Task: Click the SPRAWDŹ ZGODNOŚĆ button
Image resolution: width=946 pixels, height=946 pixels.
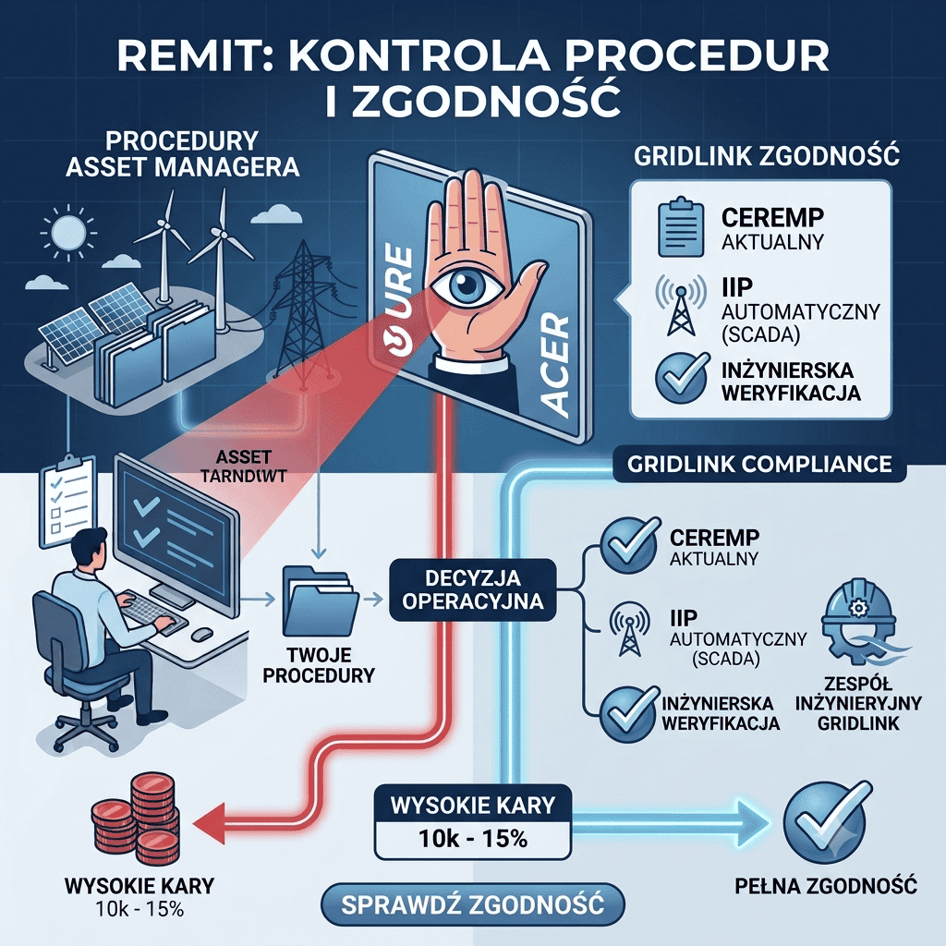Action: tap(472, 904)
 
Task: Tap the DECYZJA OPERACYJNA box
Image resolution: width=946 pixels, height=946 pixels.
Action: tap(473, 590)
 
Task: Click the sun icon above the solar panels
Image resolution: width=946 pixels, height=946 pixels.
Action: tap(67, 232)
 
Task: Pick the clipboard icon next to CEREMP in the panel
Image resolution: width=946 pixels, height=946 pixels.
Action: tap(680, 226)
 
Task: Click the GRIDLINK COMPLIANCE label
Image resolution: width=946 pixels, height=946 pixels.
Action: tap(759, 464)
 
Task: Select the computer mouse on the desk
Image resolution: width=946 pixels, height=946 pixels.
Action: tap(201, 634)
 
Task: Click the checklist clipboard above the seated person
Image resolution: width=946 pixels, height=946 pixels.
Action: tap(67, 502)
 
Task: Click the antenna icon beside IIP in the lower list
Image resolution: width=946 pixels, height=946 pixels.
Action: tap(629, 629)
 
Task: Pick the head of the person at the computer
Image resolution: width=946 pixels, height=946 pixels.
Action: tap(91, 548)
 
